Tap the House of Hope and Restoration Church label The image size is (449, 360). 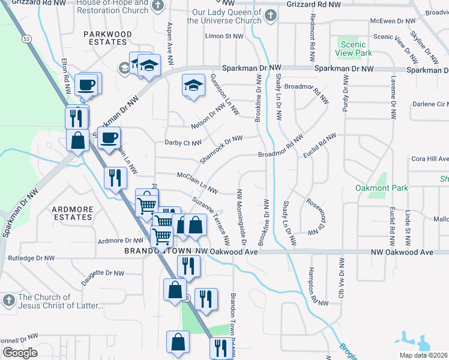[112, 6]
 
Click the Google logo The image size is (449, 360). [20, 352]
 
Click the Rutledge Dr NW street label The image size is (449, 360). [31, 258]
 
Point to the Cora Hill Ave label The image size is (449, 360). [430, 159]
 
